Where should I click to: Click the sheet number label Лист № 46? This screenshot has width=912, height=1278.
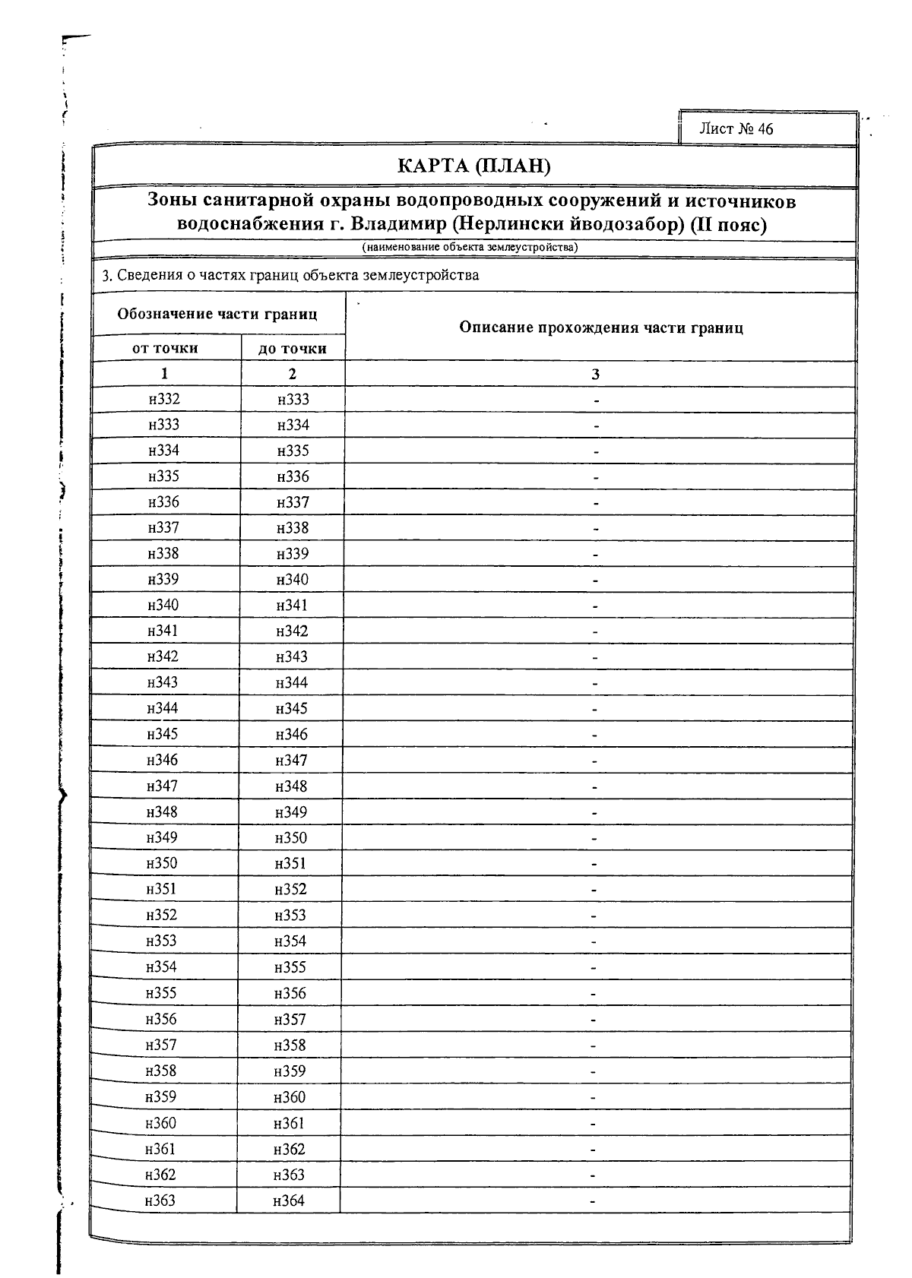[x=736, y=129]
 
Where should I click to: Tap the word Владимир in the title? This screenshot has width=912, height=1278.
[x=395, y=225]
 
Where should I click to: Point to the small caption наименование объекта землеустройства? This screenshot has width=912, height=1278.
[x=470, y=247]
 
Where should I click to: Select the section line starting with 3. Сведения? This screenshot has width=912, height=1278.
[x=290, y=275]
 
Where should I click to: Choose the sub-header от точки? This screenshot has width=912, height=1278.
[x=165, y=349]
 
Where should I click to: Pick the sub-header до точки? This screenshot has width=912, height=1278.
[x=293, y=349]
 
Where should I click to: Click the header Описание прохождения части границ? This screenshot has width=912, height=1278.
[x=600, y=328]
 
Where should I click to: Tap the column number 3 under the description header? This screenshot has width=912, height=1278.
[x=596, y=375]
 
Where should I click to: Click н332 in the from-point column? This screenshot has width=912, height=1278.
[x=164, y=400]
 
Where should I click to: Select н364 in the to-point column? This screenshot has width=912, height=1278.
[x=289, y=1201]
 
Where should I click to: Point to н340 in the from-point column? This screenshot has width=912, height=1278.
[x=163, y=606]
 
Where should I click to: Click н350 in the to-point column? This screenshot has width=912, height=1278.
[x=291, y=838]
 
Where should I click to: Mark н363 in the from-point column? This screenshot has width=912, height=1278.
[x=160, y=1200]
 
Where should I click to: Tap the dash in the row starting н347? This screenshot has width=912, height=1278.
[x=595, y=787]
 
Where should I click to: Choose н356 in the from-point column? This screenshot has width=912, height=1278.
[x=161, y=1020]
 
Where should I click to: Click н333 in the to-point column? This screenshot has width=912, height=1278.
[x=293, y=400]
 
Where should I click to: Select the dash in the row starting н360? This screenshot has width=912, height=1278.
[x=594, y=1124]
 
